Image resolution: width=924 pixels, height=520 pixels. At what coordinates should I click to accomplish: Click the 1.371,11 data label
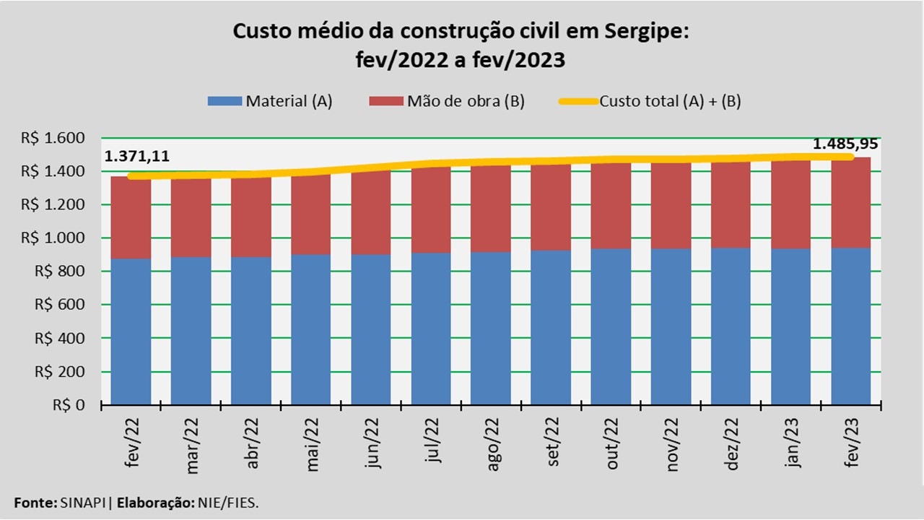coord(137,157)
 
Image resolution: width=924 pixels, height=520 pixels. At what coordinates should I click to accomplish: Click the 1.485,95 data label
coord(845,144)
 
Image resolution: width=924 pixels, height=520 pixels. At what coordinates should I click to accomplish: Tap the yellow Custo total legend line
coord(577,101)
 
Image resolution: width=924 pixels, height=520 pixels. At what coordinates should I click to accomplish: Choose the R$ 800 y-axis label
coord(70,272)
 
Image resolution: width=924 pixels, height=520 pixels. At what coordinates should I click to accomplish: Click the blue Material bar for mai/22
coord(311,329)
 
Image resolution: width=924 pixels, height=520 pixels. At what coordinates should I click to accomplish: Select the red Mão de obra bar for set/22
coord(551,207)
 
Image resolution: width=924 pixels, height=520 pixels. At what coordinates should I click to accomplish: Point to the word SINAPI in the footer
coord(85,502)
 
